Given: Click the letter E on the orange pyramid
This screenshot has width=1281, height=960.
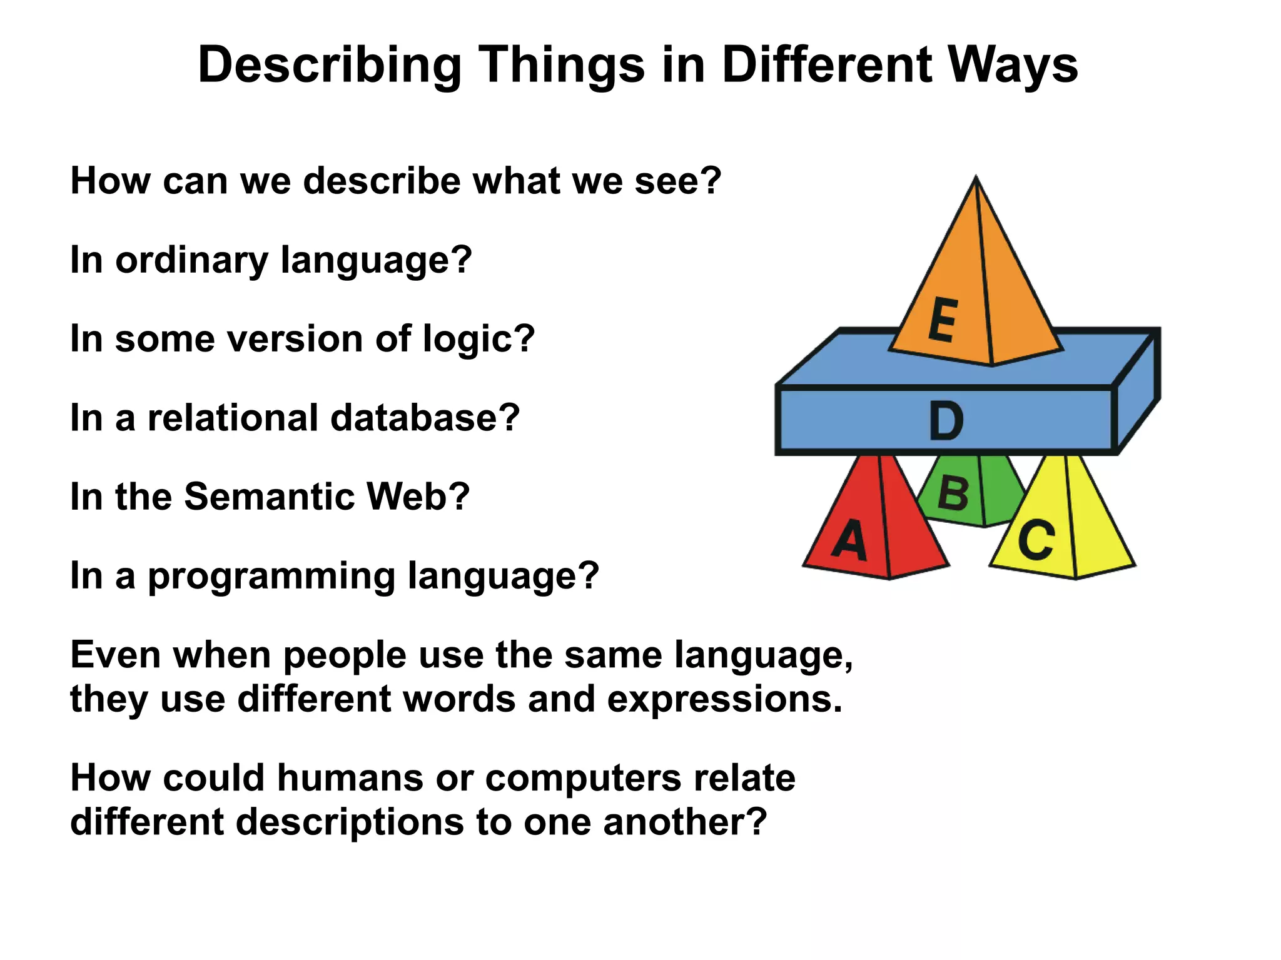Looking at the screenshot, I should (943, 320).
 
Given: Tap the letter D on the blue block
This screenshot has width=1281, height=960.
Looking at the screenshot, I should (946, 421).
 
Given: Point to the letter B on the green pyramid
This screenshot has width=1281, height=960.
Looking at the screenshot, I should (953, 494).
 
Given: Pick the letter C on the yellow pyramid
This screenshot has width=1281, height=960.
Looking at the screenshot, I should (1036, 540).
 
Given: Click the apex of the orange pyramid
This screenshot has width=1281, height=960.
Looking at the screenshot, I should (976, 179).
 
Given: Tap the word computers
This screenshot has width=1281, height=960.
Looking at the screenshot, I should (583, 778).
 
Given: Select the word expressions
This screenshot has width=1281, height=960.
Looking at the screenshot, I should (724, 699).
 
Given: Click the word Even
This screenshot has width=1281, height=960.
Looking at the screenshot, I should (116, 655).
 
